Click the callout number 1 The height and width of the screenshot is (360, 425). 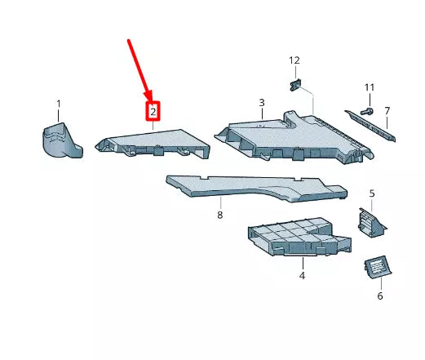click(59, 104)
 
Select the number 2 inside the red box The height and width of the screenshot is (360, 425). click(153, 112)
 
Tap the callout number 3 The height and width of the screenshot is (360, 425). click(262, 103)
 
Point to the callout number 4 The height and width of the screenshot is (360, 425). click(302, 277)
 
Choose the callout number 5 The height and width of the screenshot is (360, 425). click(371, 193)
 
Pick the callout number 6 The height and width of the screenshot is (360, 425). click(379, 296)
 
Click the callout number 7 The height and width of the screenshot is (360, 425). click(387, 111)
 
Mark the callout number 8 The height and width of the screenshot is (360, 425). click(219, 216)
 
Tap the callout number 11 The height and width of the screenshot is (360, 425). click(369, 87)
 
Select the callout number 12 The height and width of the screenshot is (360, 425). click(294, 60)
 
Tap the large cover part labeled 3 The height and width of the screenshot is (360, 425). click(294, 135)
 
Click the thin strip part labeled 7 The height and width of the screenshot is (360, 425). click(372, 122)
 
